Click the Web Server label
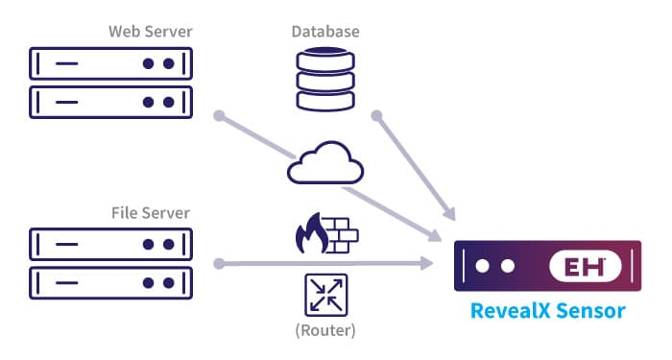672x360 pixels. coord(150,32)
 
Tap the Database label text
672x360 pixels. coord(325,32)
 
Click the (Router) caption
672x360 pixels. coord(325,331)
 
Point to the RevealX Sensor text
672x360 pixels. coord(548,311)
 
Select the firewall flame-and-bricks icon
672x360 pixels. coord(325,234)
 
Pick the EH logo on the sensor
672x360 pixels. coord(587,265)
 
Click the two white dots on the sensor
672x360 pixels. coord(490,265)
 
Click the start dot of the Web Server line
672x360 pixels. coord(219,117)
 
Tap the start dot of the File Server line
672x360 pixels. coord(219,263)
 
